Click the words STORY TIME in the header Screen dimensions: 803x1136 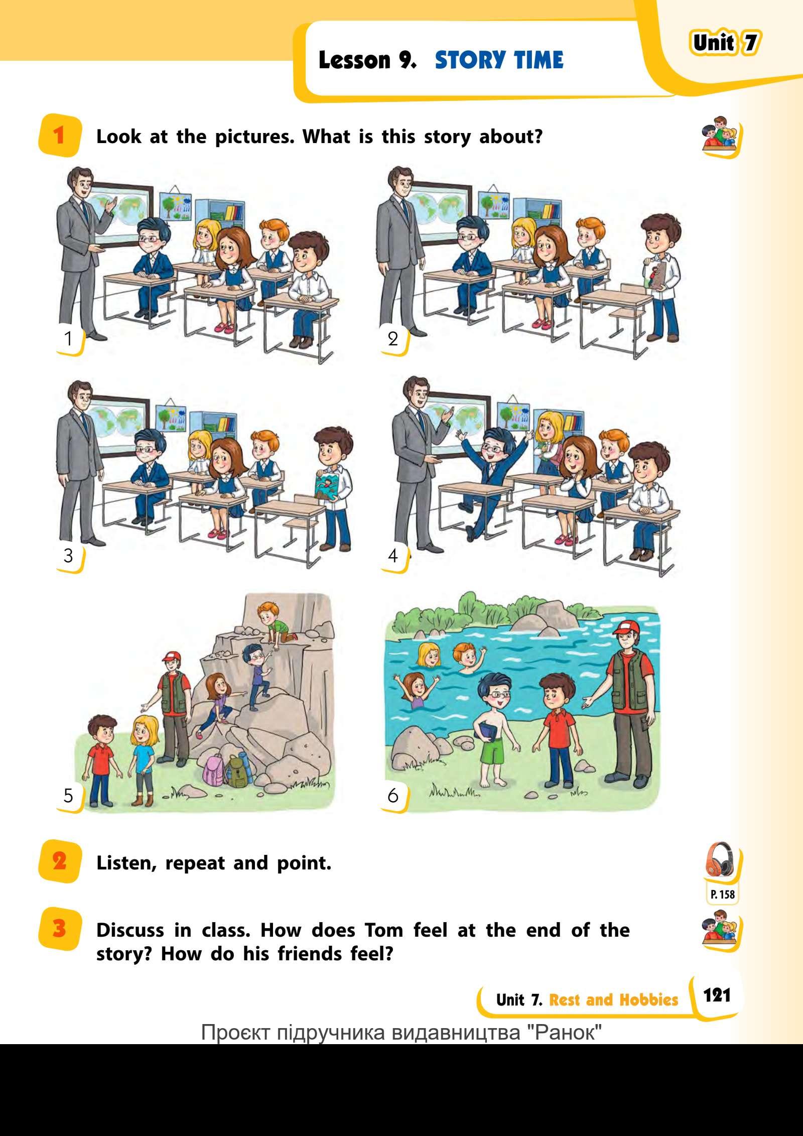(x=499, y=60)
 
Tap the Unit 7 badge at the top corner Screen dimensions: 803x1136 (x=725, y=43)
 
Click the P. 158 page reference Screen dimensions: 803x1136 (x=722, y=894)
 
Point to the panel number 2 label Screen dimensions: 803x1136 (x=392, y=339)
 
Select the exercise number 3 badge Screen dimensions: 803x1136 (x=59, y=928)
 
